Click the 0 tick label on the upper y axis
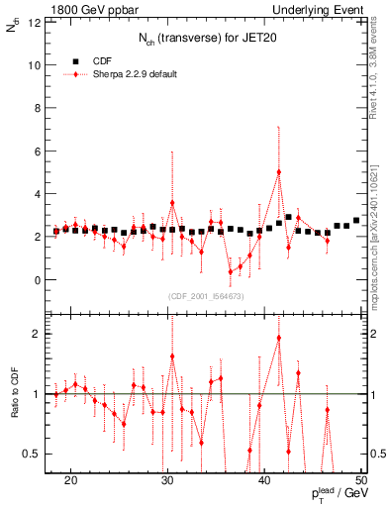pyautogui.click(x=39, y=280)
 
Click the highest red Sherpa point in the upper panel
pyautogui.click(x=279, y=172)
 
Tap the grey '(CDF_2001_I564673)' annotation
pyautogui.click(x=205, y=296)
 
